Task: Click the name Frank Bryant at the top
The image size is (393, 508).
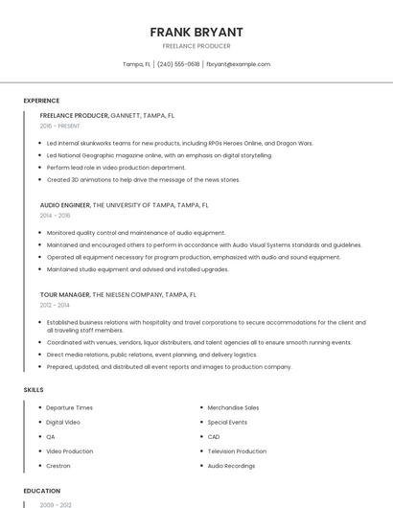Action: (x=196, y=32)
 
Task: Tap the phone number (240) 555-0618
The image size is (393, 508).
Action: (x=178, y=64)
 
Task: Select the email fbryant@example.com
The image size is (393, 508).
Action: (x=238, y=64)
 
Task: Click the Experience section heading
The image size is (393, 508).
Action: (x=41, y=101)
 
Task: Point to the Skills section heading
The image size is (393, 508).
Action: (x=34, y=390)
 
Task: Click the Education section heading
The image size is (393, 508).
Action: (x=42, y=491)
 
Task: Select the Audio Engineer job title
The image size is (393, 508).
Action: (x=65, y=205)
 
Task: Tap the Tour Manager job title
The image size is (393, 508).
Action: (x=65, y=295)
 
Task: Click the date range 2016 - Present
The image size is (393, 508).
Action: (x=59, y=126)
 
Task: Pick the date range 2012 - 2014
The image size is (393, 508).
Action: (x=55, y=306)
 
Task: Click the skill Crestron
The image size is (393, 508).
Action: (x=58, y=466)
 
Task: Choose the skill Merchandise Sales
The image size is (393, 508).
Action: (x=233, y=407)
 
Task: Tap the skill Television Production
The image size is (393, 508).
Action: (x=237, y=451)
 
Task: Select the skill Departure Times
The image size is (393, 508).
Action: (x=69, y=407)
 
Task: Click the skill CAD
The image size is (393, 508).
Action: (x=214, y=437)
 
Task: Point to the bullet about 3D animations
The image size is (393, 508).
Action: (x=143, y=179)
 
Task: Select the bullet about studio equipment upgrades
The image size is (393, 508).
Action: (x=137, y=269)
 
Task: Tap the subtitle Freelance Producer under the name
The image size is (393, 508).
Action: (x=196, y=46)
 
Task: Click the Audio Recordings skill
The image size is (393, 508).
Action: (x=231, y=466)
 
